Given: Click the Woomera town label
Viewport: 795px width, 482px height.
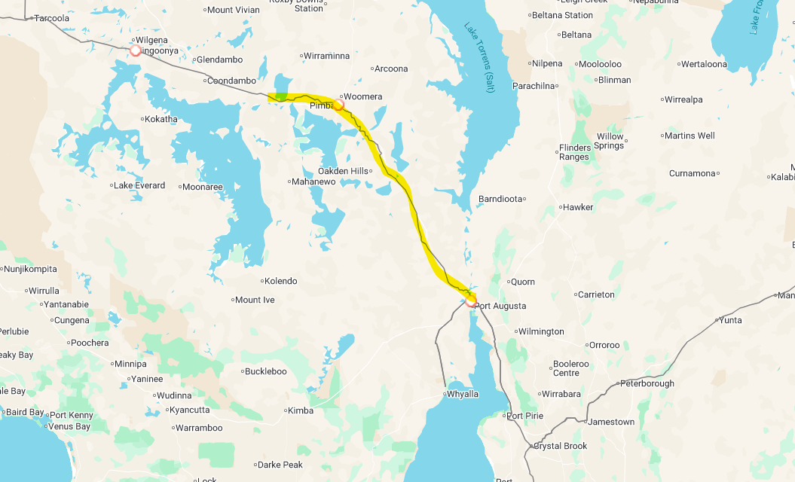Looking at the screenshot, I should (x=363, y=97).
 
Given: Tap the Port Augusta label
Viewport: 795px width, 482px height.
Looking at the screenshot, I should (x=500, y=307).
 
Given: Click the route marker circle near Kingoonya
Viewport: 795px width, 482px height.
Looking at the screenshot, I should (x=136, y=50).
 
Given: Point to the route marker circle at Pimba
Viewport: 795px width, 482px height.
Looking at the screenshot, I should (x=339, y=105).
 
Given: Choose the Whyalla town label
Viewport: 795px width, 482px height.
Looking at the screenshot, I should (x=463, y=394).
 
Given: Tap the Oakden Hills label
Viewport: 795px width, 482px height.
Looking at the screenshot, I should (x=343, y=171).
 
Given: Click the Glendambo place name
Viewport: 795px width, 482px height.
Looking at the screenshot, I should (x=217, y=60).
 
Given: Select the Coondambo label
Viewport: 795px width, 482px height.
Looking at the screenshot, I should (x=231, y=81).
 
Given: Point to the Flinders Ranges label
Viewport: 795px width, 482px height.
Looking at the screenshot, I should (x=573, y=152).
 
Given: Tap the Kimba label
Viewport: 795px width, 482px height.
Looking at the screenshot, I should (x=301, y=410).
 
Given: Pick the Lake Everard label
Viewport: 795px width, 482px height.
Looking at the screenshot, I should (x=139, y=185).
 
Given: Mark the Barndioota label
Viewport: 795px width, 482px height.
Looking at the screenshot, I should (x=500, y=200).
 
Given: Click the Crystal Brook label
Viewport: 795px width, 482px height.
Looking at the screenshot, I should (x=561, y=446).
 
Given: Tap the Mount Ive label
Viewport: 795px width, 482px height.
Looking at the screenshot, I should (x=255, y=300).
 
